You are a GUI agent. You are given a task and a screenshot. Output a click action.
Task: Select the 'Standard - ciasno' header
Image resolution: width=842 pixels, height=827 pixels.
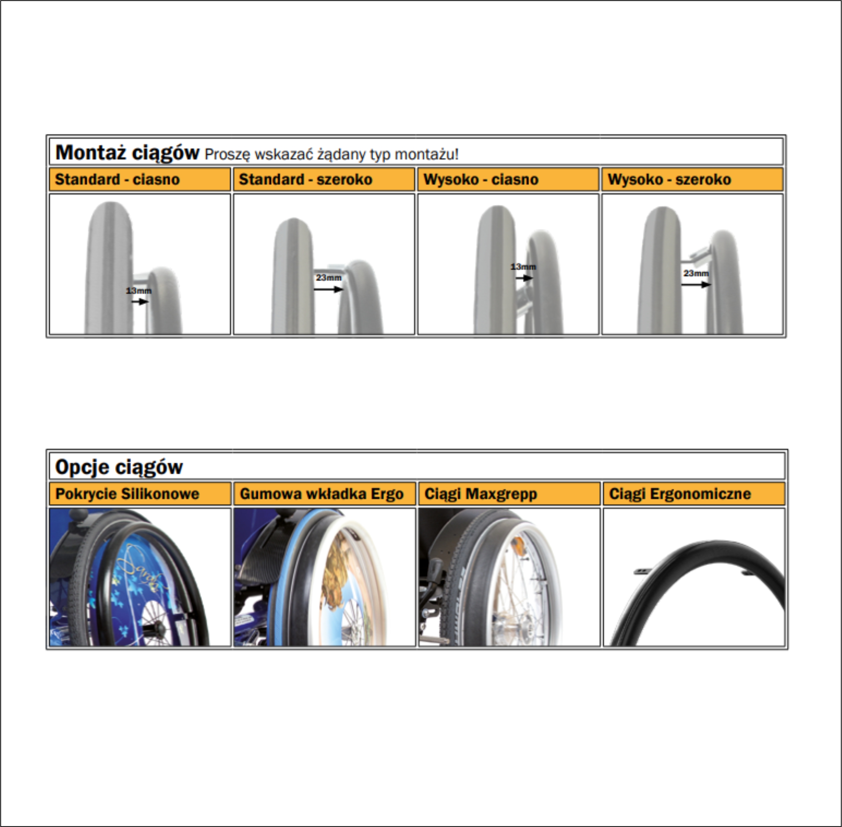[x=117, y=179]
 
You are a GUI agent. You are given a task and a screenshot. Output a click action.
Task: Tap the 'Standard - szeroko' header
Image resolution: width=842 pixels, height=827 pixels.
[x=305, y=179]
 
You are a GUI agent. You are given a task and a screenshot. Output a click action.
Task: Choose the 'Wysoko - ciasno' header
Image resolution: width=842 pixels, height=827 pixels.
[x=481, y=179]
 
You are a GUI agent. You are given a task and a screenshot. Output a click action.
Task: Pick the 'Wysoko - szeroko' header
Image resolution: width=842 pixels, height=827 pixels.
[x=669, y=179]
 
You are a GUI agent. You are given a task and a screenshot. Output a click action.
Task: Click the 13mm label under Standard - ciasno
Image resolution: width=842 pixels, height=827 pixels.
[x=139, y=290]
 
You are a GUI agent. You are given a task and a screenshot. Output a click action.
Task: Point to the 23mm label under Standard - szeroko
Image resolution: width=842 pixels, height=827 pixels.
[x=328, y=278]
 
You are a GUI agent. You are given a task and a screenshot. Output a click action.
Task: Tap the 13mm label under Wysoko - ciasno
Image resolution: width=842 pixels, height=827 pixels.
[x=523, y=267]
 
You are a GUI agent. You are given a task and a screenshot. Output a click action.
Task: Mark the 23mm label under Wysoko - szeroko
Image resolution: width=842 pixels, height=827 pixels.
[x=696, y=273]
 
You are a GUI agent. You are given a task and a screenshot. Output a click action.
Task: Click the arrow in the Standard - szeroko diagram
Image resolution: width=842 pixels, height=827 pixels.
[x=328, y=289]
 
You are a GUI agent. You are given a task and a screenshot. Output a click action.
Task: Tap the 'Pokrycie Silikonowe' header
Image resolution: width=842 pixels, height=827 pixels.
[x=127, y=494]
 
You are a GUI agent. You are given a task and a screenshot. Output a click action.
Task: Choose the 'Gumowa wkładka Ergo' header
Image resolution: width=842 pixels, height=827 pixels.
[x=322, y=494]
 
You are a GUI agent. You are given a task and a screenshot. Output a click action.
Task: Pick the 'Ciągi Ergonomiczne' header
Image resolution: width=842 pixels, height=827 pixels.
[x=680, y=494]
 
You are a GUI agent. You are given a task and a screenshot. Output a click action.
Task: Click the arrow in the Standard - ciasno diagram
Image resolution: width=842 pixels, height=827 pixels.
[x=140, y=301]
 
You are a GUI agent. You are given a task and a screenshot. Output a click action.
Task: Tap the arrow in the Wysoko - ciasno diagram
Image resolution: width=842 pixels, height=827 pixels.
[x=524, y=278]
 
